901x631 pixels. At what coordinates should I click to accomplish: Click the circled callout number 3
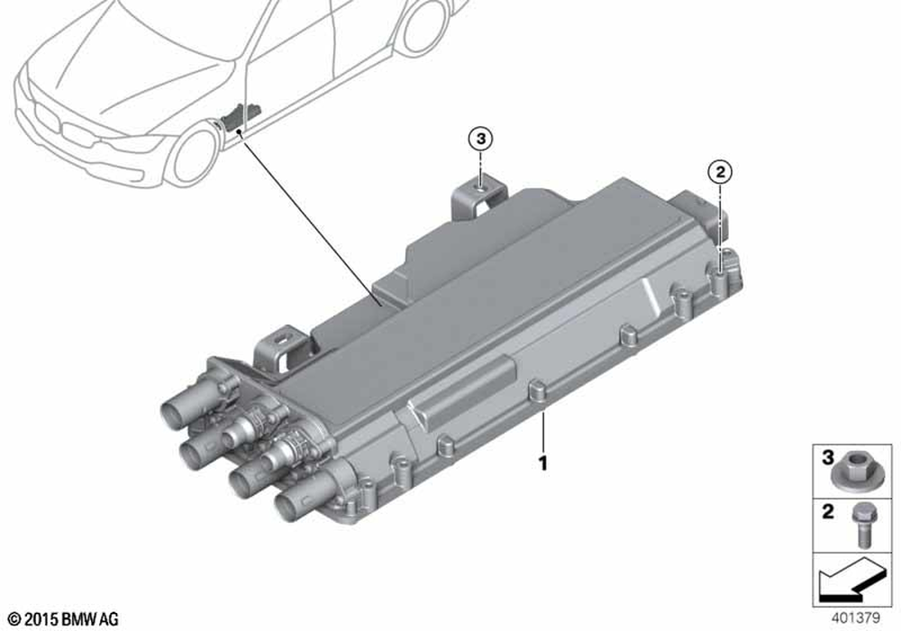pyautogui.click(x=480, y=139)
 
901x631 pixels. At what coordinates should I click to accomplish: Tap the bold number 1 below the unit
pyautogui.click(x=542, y=462)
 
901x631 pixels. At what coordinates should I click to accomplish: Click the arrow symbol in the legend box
pyautogui.click(x=851, y=581)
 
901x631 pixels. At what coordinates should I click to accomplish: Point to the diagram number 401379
pyautogui.click(x=855, y=618)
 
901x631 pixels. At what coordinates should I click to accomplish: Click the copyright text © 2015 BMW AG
pyautogui.click(x=64, y=619)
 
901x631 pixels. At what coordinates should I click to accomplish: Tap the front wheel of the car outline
pyautogui.click(x=193, y=156)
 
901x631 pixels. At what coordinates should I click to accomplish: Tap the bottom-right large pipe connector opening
pyautogui.click(x=289, y=505)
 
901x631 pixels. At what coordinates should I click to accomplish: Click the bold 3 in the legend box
pyautogui.click(x=827, y=458)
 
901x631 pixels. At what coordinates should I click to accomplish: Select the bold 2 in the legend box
pyautogui.click(x=827, y=511)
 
